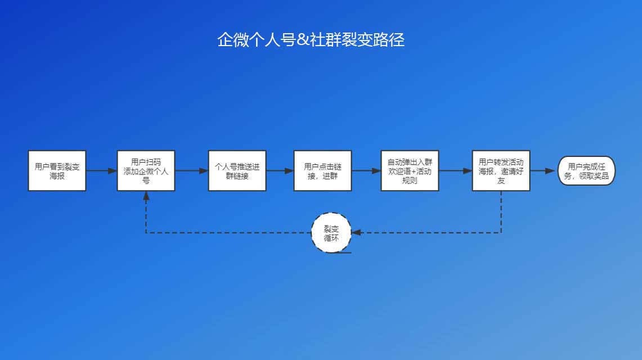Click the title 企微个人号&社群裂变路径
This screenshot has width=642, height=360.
point(311,40)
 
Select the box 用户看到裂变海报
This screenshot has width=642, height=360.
point(57,170)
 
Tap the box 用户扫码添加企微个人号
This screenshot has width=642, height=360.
point(146,170)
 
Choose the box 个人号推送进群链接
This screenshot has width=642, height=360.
point(237,170)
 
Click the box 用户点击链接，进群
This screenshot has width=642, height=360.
point(322,170)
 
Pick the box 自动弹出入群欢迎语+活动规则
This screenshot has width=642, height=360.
point(410,170)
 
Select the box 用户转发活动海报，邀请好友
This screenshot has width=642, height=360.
point(501,170)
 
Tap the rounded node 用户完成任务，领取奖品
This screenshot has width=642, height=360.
point(587,170)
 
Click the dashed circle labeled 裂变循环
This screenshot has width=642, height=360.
point(331,232)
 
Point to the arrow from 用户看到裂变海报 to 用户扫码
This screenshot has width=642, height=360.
point(101,170)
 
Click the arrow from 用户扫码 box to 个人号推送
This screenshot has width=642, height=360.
point(191,170)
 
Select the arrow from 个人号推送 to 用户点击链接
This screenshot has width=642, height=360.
point(280,170)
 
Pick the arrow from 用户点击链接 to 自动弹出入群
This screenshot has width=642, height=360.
point(366,170)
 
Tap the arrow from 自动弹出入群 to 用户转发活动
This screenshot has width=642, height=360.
point(455,170)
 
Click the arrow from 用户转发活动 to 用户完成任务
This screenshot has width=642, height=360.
point(544,170)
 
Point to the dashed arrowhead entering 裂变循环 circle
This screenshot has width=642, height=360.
point(356,232)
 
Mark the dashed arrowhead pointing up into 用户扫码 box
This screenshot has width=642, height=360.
point(146,196)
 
